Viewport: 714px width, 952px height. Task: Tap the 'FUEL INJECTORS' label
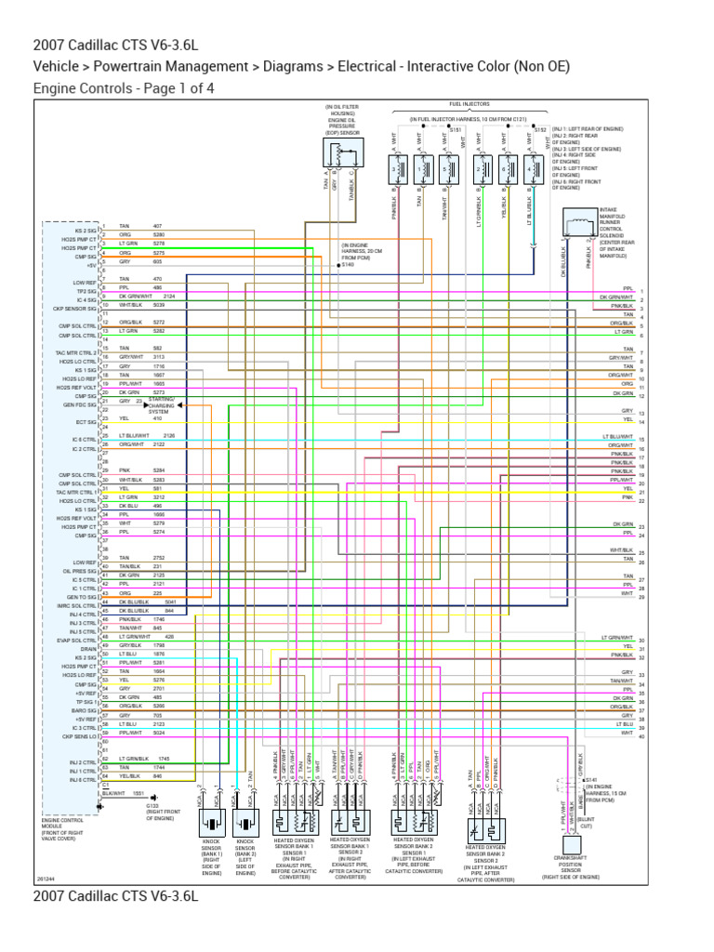(469, 104)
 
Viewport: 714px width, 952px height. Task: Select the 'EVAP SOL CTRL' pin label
(79, 641)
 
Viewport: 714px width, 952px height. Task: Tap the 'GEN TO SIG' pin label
(82, 597)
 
